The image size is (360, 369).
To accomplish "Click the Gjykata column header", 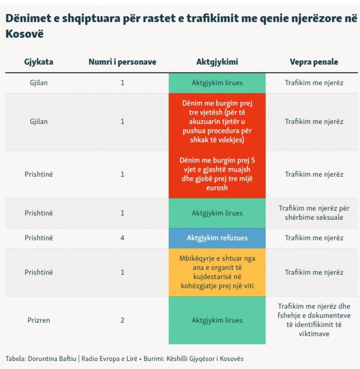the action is coord(39,62).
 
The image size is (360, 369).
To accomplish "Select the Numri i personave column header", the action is coord(122,62).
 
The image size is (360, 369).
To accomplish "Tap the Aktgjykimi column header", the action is coord(217,62).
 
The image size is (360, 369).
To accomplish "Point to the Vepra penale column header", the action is coord(314,62).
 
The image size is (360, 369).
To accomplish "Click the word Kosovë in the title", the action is coord(24,34).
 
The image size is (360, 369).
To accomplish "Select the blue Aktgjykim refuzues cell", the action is coord(217,238).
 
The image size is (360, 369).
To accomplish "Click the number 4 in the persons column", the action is coord(122,238).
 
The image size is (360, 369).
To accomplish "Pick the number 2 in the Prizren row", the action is coord(122,320).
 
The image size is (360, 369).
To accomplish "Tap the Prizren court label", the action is coord(39,320).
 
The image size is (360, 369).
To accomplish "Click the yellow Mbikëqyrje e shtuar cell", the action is coord(217,272).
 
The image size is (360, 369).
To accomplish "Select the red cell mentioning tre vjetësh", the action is coord(217,122).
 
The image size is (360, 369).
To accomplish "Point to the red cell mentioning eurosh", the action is coord(217,174).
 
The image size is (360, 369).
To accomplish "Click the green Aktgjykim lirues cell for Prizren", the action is coord(217,320).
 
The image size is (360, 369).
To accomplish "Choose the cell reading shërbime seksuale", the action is coord(314,213).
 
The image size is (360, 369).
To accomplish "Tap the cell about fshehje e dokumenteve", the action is coord(314,320).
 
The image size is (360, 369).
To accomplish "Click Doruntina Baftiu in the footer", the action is coord(52,359).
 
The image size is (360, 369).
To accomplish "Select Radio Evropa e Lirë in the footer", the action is coord(109,359).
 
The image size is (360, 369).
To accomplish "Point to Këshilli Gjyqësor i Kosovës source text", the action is coord(205,359).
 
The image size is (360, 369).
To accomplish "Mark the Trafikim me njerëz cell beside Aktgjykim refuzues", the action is coord(314,238).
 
